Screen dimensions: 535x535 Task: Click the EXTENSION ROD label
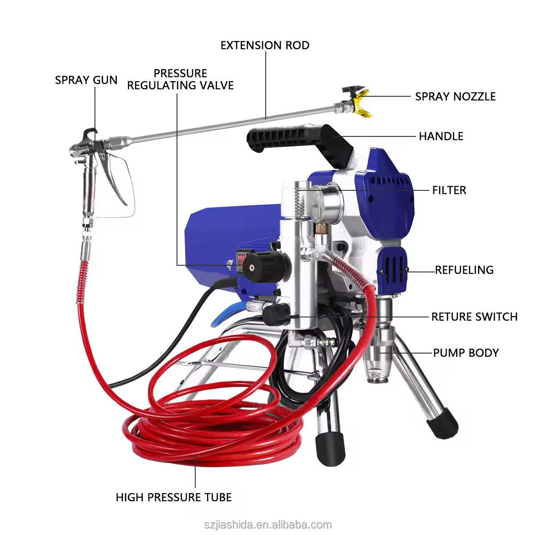pyautogui.click(x=265, y=45)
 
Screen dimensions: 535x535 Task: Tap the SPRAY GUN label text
pyautogui.click(x=86, y=80)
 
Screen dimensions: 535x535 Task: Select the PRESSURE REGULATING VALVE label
pyautogui.click(x=180, y=79)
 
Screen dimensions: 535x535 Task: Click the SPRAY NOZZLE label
pyautogui.click(x=455, y=96)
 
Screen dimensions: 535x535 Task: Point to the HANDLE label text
pyautogui.click(x=441, y=136)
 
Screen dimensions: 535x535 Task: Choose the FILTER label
pyautogui.click(x=449, y=190)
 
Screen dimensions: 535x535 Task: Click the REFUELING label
pyautogui.click(x=464, y=270)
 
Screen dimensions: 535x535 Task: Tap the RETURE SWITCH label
pyautogui.click(x=474, y=317)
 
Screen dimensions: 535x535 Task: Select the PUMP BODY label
pyautogui.click(x=466, y=353)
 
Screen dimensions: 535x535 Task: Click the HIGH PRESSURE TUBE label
pyautogui.click(x=173, y=497)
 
